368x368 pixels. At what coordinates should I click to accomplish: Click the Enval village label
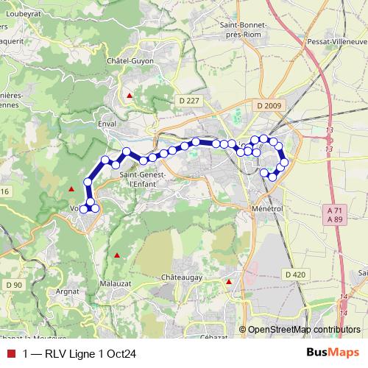(107, 125)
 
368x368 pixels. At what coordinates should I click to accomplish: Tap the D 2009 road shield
(270, 106)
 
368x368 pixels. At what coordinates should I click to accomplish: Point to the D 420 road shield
(294, 275)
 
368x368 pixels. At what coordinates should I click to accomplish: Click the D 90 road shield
(13, 285)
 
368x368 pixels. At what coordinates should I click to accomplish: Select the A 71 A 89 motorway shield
(334, 215)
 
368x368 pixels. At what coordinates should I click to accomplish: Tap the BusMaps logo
(333, 353)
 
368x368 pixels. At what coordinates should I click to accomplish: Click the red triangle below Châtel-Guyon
(130, 96)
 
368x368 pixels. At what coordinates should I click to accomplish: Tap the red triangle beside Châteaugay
(229, 282)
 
